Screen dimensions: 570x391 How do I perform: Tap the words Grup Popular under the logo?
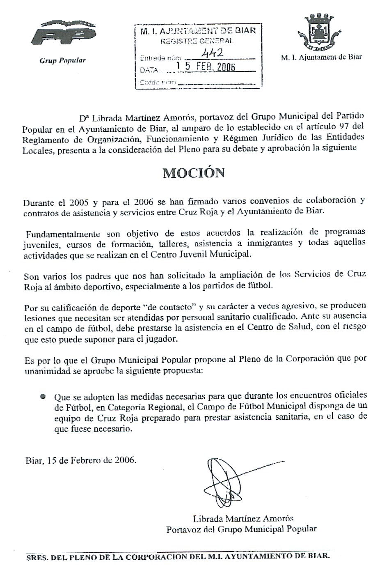[x=62, y=60]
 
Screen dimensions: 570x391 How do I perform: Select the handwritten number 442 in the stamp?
[x=214, y=53]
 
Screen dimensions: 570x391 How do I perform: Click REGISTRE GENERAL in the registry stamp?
[x=197, y=41]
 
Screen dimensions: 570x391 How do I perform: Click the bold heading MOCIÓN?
[x=194, y=173]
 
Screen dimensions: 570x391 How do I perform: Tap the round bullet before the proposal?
[x=43, y=396]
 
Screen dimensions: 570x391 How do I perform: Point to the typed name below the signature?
[x=243, y=518]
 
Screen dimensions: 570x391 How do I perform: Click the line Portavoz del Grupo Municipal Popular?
[x=241, y=529]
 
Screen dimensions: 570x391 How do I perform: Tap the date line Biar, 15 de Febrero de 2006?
[x=81, y=460]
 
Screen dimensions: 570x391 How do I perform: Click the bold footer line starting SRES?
[x=177, y=557]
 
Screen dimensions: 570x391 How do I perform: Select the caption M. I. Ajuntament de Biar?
[x=321, y=57]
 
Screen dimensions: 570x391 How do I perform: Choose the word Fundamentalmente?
[x=63, y=234]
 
